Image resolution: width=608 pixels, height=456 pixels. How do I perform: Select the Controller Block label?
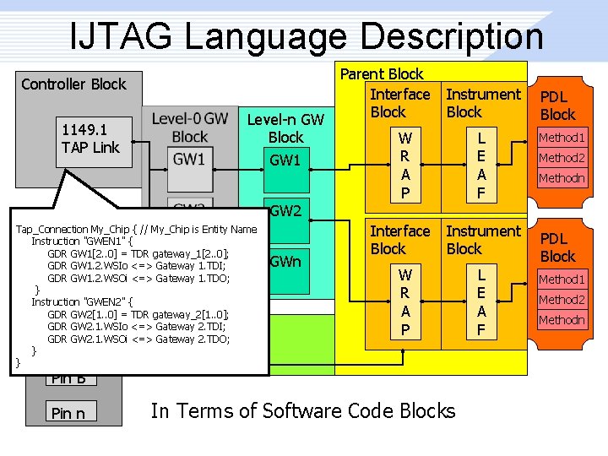click(x=73, y=84)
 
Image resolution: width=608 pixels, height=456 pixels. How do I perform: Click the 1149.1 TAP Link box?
click(x=90, y=138)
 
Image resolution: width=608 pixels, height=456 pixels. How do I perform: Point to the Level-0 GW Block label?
click(x=189, y=128)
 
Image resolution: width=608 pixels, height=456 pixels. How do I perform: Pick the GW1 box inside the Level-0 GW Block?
click(x=189, y=159)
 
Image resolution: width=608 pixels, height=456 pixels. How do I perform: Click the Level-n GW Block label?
click(x=285, y=128)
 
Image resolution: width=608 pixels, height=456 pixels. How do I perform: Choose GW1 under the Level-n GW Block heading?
click(x=285, y=160)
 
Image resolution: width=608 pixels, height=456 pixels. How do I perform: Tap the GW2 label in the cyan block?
click(x=285, y=210)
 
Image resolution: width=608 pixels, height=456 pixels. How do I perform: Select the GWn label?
click(x=285, y=261)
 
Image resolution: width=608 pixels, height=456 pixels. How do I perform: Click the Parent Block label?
click(x=382, y=74)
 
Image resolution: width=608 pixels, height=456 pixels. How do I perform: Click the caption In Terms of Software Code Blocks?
click(x=303, y=411)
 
